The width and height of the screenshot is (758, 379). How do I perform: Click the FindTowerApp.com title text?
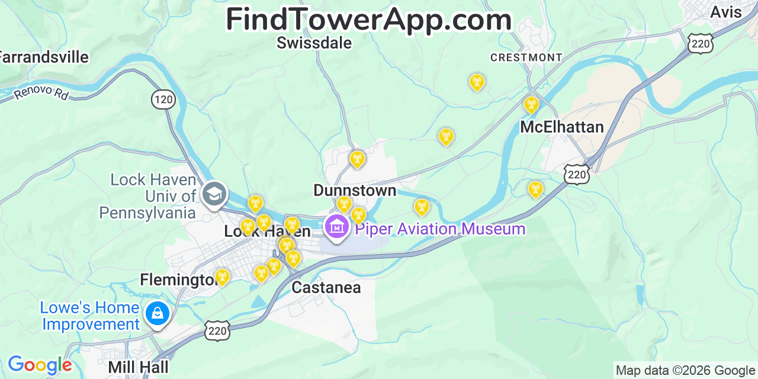[368, 20]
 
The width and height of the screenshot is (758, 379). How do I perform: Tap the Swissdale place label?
[314, 43]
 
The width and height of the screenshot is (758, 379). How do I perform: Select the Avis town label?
[725, 12]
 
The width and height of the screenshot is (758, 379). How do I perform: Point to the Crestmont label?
[526, 57]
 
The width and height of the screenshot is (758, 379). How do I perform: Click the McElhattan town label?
[561, 127]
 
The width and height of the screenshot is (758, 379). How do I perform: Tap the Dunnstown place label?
[355, 191]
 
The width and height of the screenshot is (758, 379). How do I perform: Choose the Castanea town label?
[326, 288]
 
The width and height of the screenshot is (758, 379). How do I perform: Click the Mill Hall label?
[138, 367]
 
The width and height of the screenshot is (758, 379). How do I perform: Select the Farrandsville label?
[44, 57]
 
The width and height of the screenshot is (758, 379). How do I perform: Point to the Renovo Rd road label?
[41, 93]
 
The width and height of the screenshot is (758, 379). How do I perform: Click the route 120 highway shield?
[163, 99]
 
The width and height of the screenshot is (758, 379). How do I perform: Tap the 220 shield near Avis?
[701, 43]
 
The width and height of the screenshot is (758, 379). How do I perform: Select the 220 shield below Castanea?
[217, 331]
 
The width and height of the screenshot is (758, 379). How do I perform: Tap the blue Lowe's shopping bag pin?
[158, 313]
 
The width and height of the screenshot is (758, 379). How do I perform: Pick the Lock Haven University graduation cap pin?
[214, 194]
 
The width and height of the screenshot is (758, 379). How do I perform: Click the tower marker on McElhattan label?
[531, 105]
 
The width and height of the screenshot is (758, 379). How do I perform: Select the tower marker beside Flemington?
[221, 277]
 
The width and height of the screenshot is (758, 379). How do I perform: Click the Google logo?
[39, 365]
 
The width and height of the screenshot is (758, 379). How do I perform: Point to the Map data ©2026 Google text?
[685, 371]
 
